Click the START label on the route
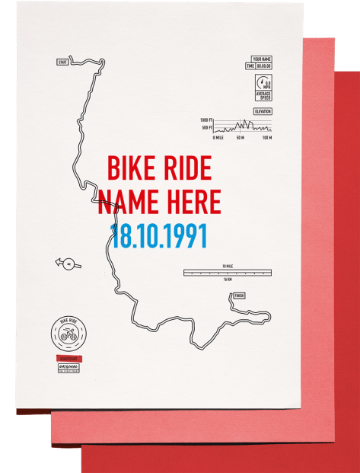pos(62,62)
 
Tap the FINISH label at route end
pos(240,296)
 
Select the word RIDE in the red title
pos(186,168)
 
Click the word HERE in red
pos(190,202)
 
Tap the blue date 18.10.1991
pos(159,235)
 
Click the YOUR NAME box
pos(262,59)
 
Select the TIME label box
pos(250,66)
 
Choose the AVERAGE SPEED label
pos(263,96)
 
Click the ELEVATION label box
pos(263,112)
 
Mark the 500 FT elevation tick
pos(207,128)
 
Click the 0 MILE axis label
pos(218,138)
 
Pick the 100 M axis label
pos(266,138)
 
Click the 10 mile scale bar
pos(227,272)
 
